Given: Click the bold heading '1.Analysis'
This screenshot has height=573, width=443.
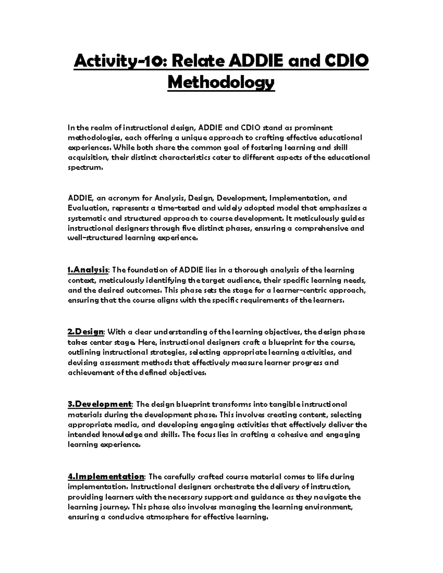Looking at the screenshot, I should click(88, 270).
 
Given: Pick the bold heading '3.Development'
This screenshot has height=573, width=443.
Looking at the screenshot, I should click(100, 404).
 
